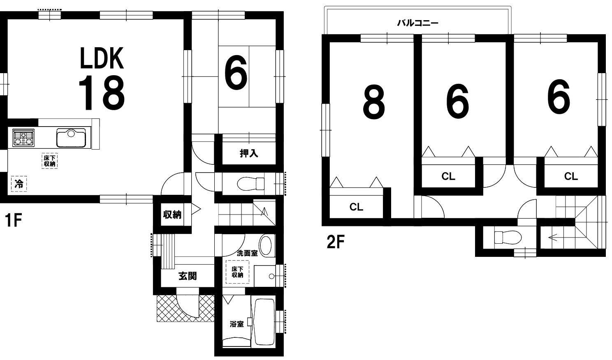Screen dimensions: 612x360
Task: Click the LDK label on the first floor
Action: pos(102,58)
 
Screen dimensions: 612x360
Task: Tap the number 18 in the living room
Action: pos(102,92)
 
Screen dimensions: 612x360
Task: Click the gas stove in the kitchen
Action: pos(23,138)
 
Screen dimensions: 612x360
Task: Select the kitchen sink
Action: pos(71,138)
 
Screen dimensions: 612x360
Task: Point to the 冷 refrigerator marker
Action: pos(19,184)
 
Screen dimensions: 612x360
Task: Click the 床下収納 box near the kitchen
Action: pos(49,161)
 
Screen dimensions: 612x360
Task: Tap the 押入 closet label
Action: pos(249,153)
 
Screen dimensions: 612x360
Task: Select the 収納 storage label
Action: pos(172,215)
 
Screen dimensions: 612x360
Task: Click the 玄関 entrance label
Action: pos(188,276)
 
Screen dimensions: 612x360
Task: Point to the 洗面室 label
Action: pos(247,253)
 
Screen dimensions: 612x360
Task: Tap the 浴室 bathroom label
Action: pos(236,324)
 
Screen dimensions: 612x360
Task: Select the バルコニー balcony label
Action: pos(417,23)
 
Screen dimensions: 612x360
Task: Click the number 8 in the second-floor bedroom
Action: pos(374,102)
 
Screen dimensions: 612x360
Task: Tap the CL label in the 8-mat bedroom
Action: pos(356,207)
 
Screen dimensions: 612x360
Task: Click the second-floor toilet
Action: pos(508,237)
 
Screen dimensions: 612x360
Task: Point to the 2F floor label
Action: pos(336,242)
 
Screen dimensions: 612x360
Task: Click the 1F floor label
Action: pos(13,220)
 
